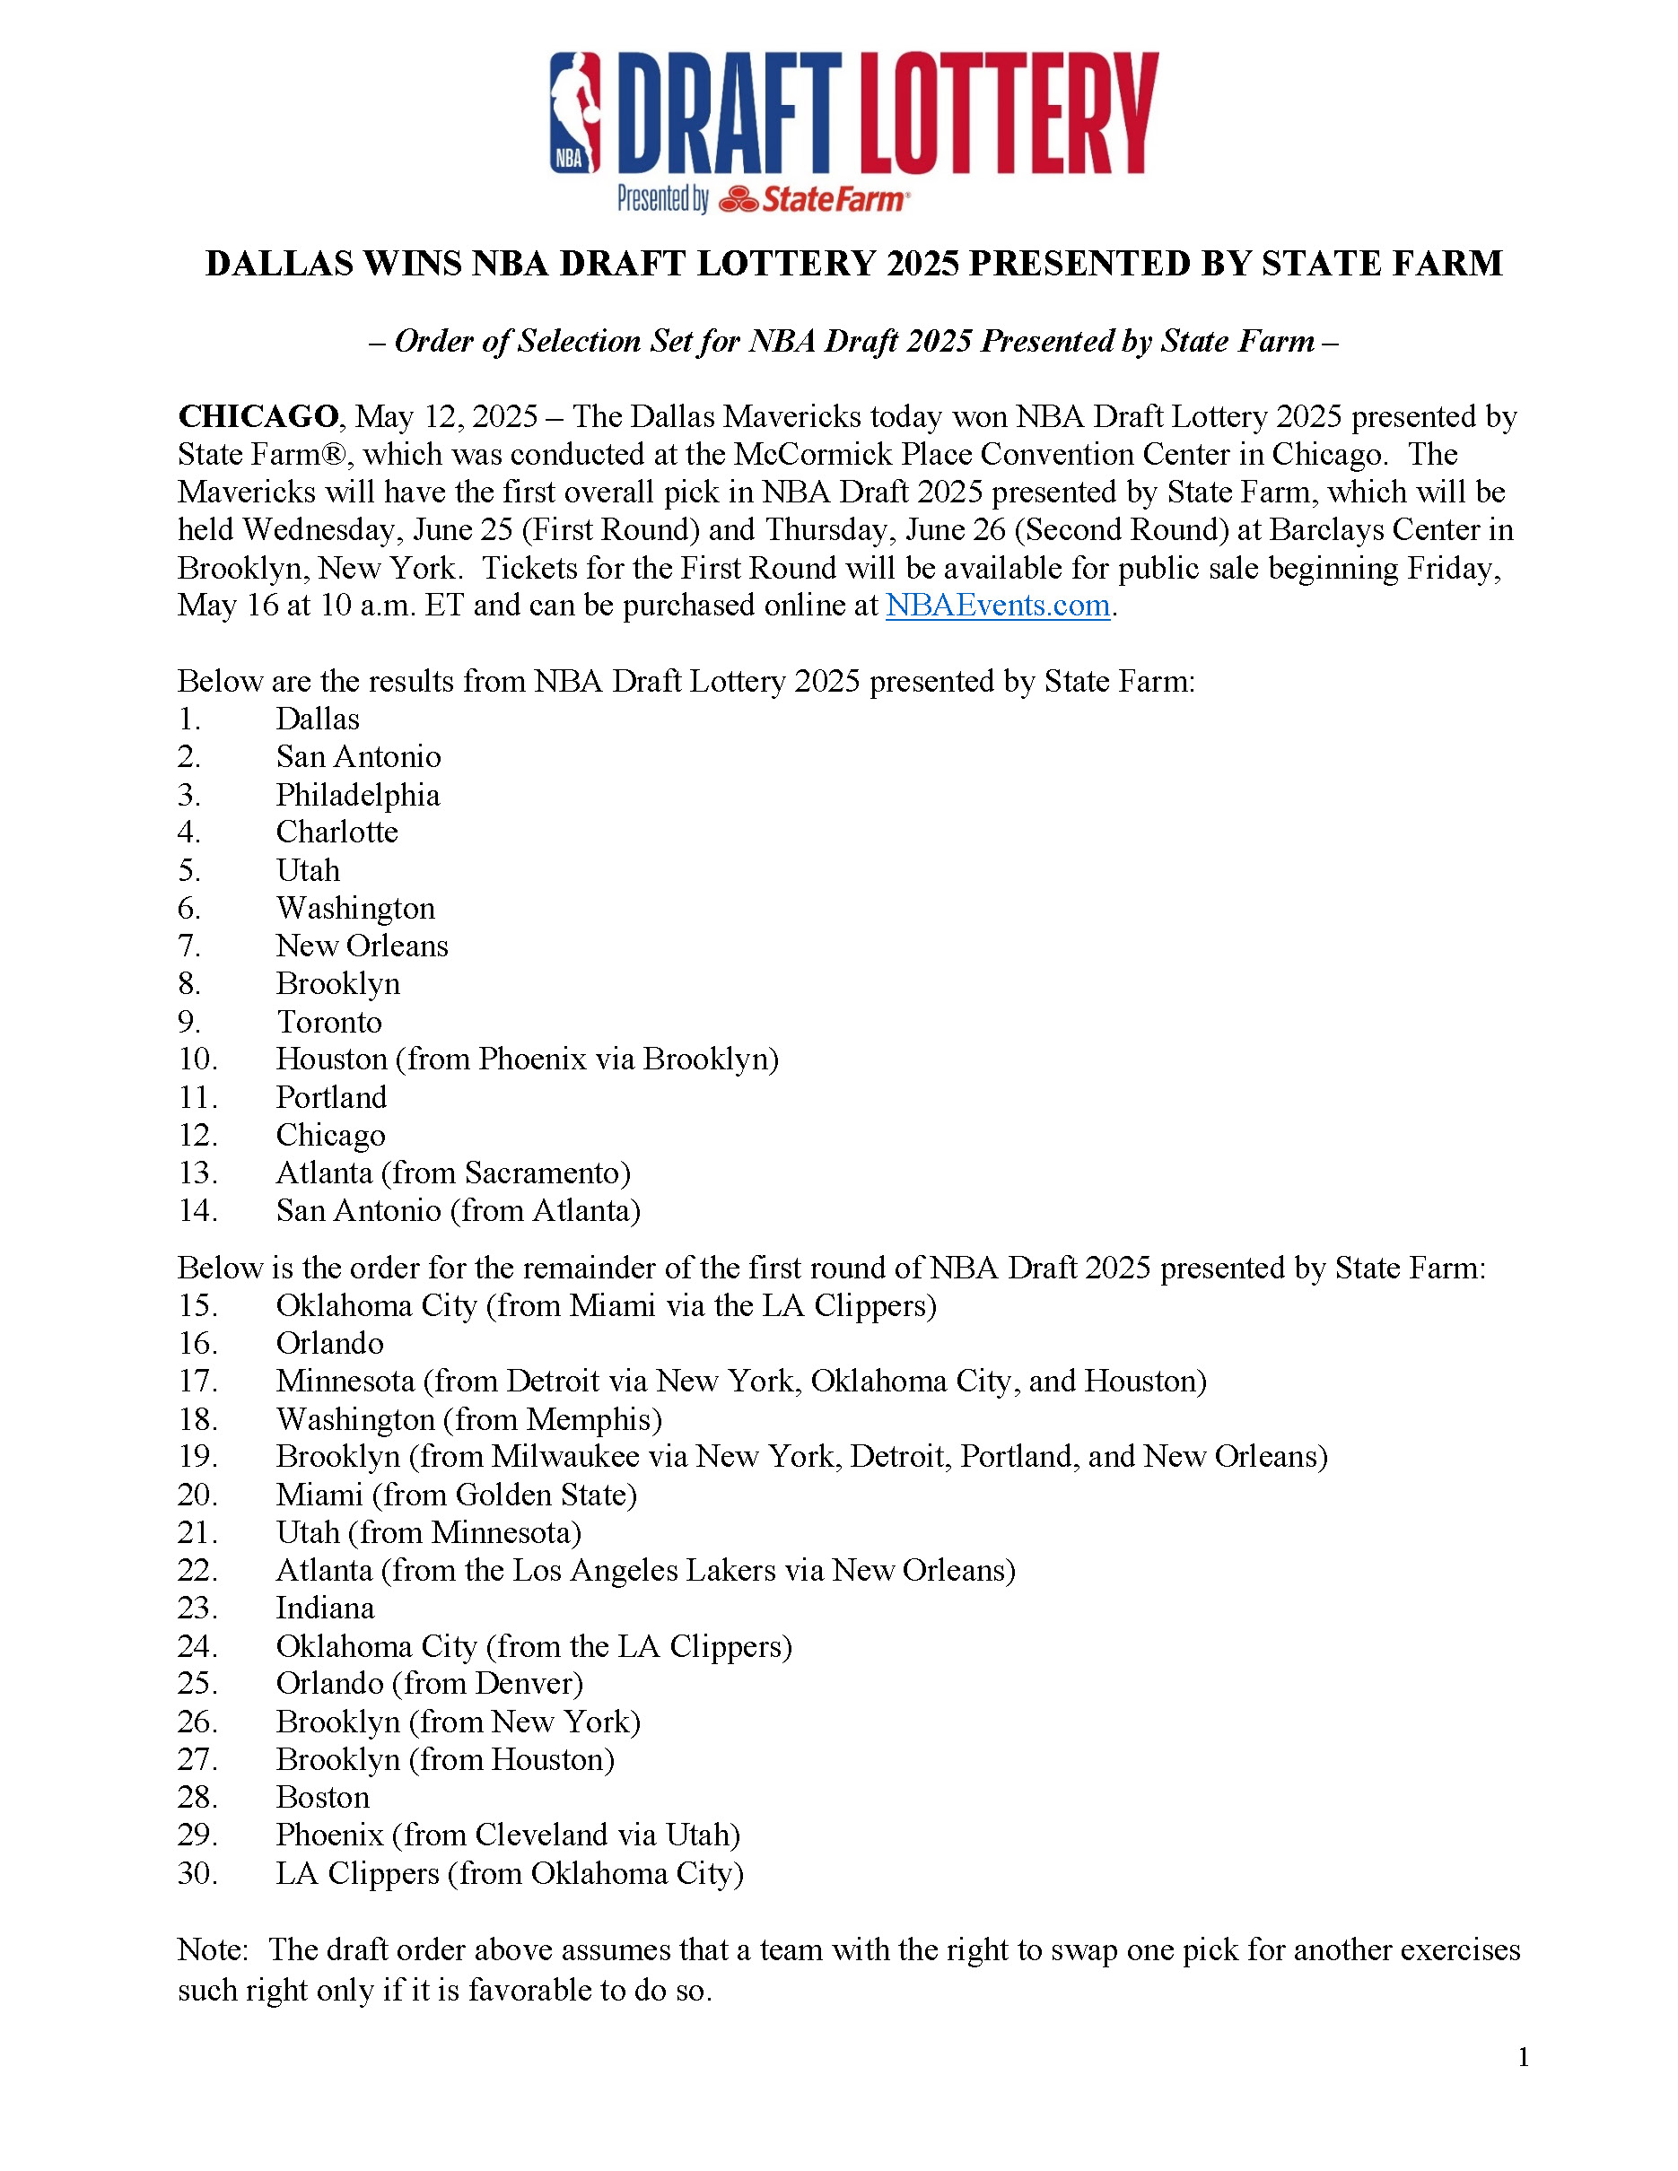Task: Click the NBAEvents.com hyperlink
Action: pyautogui.click(x=997, y=606)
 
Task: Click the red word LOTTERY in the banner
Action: pyautogui.click(x=1008, y=113)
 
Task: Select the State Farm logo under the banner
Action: pyautogui.click(x=813, y=200)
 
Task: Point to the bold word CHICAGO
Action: pyautogui.click(x=258, y=416)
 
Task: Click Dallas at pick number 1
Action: pyautogui.click(x=317, y=719)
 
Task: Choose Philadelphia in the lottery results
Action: pyautogui.click(x=357, y=794)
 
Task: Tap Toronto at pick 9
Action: pyautogui.click(x=328, y=1022)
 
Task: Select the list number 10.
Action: pyautogui.click(x=197, y=1059)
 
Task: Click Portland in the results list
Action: pyautogui.click(x=331, y=1097)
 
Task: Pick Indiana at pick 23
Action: pyautogui.click(x=325, y=1609)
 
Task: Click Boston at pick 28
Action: pyautogui.click(x=322, y=1797)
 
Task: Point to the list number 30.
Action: pyautogui.click(x=197, y=1874)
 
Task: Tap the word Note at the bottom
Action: pyautogui.click(x=211, y=1950)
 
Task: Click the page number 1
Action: pyautogui.click(x=1523, y=2058)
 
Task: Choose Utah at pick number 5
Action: pyautogui.click(x=307, y=871)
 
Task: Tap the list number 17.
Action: pyautogui.click(x=197, y=1382)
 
